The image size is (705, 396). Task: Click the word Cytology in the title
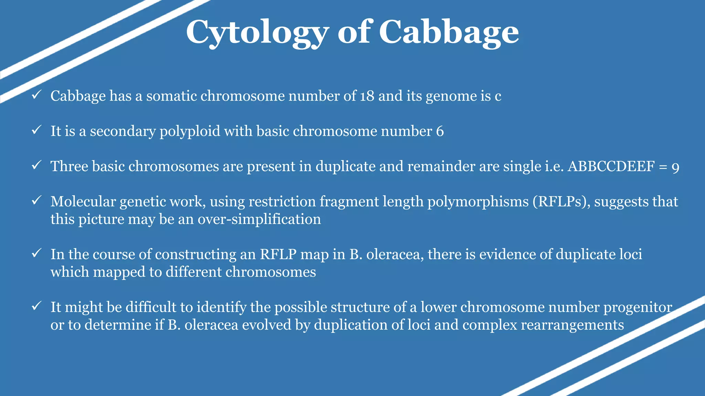tap(257, 33)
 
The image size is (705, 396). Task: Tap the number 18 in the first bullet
tap(367, 96)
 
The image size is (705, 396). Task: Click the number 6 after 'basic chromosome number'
tap(440, 131)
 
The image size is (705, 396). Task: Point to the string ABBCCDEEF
tap(611, 167)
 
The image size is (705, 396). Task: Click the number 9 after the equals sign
tap(675, 167)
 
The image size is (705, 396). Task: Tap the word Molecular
tap(83, 202)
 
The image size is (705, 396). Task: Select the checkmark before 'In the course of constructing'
tap(36, 253)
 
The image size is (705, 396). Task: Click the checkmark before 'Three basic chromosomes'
tap(36, 165)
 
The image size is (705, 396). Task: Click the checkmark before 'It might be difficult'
tap(36, 306)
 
